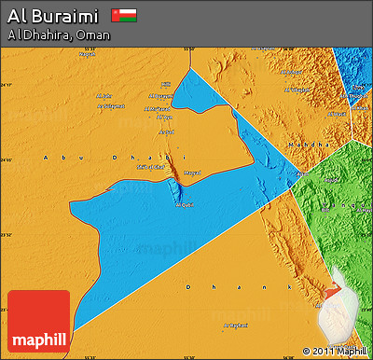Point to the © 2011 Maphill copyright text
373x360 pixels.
tap(335, 352)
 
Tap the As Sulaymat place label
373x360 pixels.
tap(113, 105)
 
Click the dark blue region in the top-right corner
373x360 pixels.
tap(355, 65)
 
